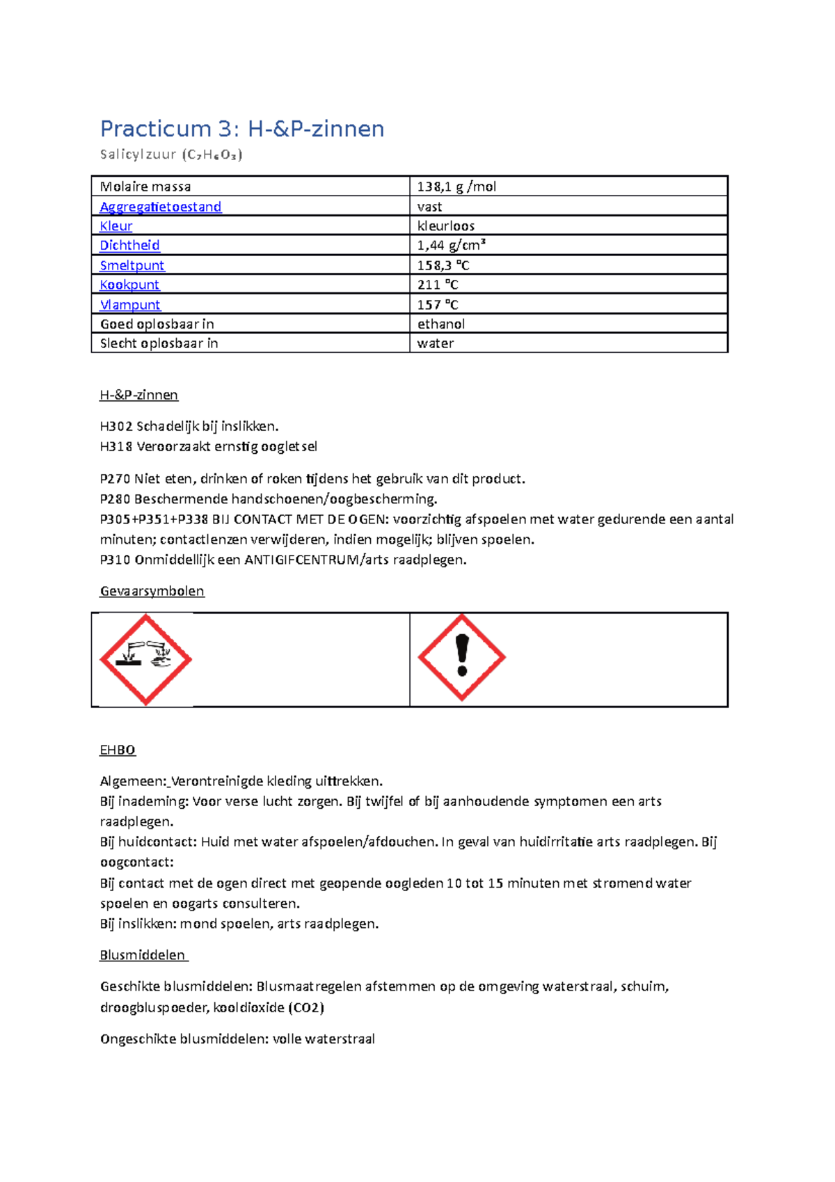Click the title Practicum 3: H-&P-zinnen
pos(241,129)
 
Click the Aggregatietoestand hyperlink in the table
pos(161,207)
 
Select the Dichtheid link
pos(129,245)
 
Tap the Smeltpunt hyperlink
pos(132,265)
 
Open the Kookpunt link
pos(129,285)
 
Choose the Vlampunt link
pos(130,305)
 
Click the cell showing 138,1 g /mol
pos(456,187)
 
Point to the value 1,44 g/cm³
pos(451,245)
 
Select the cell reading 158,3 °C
pos(443,265)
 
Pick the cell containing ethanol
pos(440,324)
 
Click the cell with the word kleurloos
pos(445,226)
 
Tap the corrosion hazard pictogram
pos(145,659)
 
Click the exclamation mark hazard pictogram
pos(461,657)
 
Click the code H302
pos(116,426)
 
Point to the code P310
pos(115,560)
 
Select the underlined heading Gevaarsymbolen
pos(152,591)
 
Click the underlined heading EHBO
pos(118,750)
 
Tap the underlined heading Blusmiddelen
pos(143,955)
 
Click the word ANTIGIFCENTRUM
pos(301,560)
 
